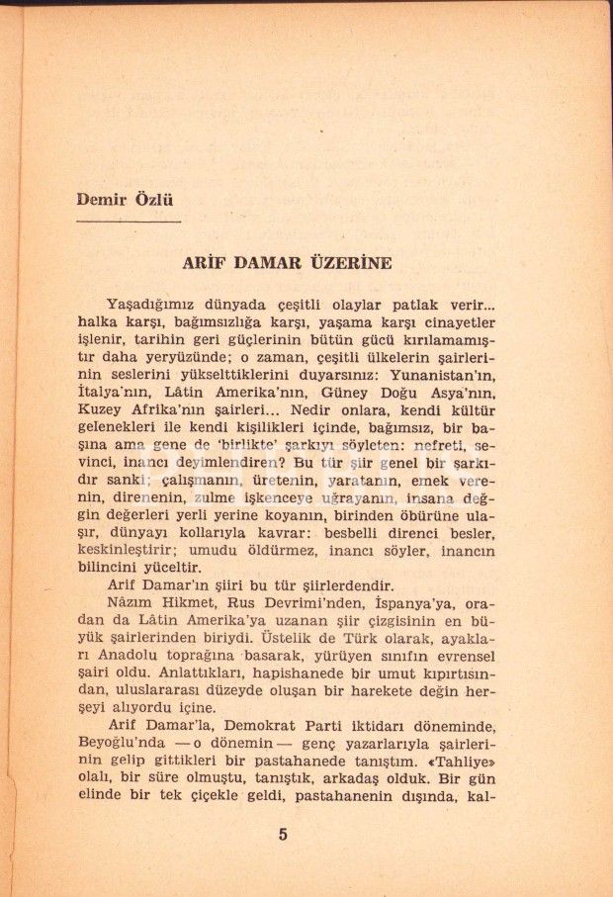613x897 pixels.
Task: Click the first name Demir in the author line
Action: pos(101,199)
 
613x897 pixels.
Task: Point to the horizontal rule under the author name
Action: pos(129,222)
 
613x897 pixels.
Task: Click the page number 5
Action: pos(283,834)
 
